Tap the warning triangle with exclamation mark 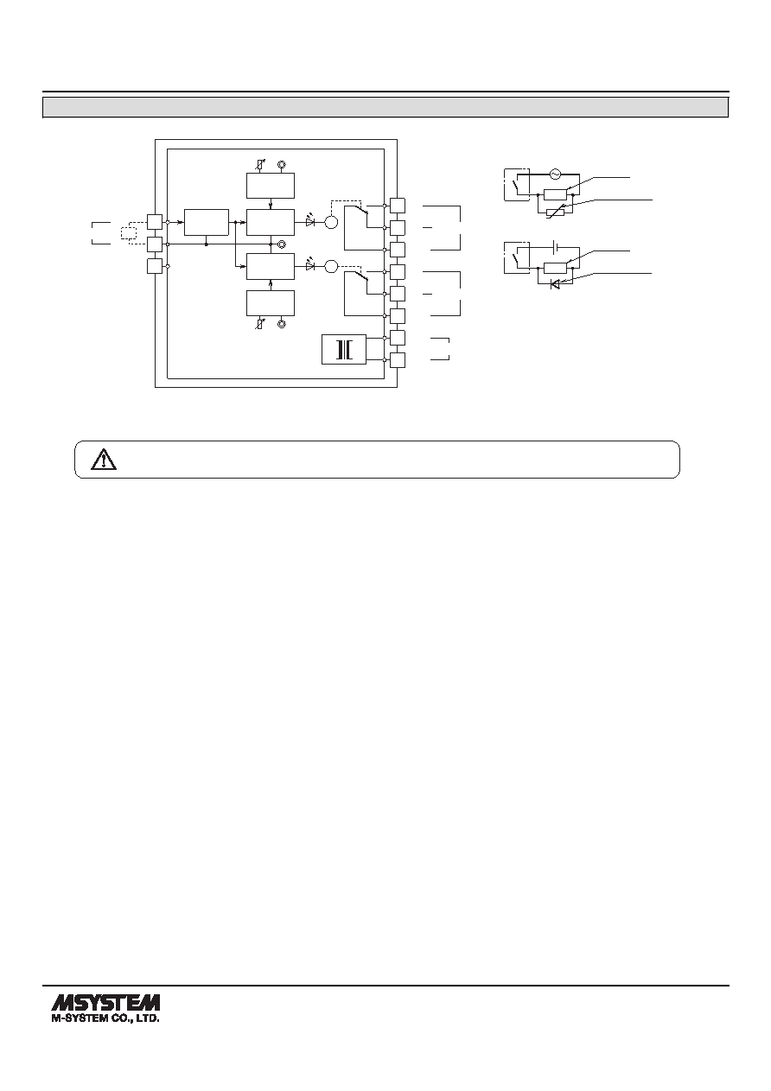104,460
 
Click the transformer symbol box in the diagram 344,349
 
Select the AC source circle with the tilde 555,174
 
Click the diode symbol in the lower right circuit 555,284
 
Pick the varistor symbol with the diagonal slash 555,212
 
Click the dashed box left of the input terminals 129,233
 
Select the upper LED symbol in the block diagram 311,222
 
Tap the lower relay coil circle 331,266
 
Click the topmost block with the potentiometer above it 271,186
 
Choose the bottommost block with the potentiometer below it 271,303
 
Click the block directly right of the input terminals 207,222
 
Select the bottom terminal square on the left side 155,266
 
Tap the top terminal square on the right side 398,206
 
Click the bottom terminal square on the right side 398,360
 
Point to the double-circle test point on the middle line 281,244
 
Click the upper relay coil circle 331,222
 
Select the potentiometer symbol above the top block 261,165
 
